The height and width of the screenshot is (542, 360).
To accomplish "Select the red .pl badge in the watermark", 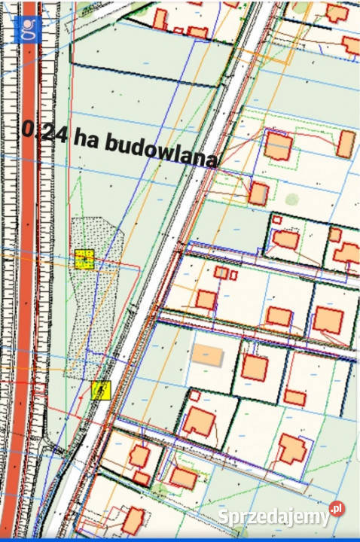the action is point(337,510).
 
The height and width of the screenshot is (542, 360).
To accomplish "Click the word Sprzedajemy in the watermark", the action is point(273,517).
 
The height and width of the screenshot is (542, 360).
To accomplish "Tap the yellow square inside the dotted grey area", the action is point(84,259).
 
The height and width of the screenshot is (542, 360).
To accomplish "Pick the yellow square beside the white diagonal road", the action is point(100,390).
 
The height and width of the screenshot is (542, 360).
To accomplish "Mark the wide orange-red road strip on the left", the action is point(26,301).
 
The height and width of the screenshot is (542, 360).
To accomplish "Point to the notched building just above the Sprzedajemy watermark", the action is point(291,450).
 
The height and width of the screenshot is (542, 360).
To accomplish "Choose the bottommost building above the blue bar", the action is point(133,520).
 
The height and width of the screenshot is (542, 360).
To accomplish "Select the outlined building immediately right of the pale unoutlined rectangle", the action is point(255,368).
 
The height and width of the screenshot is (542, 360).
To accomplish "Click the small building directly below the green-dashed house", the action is point(258,193).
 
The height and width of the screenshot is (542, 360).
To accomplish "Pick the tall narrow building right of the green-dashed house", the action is point(345,144).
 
